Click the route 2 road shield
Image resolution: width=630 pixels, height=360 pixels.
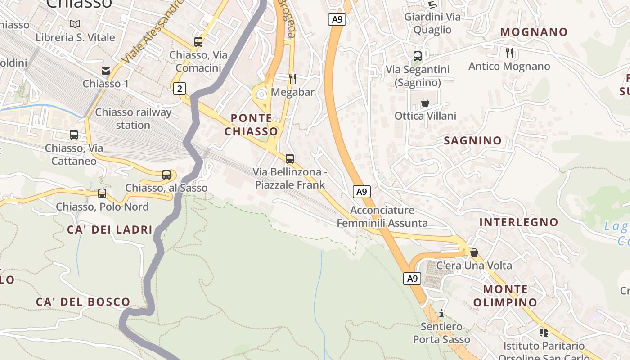tap(180, 89)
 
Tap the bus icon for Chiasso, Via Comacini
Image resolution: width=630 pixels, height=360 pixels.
tap(198, 42)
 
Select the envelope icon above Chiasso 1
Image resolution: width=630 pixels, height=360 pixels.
tap(106, 71)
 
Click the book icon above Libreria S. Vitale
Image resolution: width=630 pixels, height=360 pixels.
tap(75, 24)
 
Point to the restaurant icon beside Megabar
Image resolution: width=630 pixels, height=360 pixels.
tap(292, 79)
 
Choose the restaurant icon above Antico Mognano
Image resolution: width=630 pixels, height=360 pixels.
tap(509, 53)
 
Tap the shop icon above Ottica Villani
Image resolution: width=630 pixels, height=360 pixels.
tap(425, 103)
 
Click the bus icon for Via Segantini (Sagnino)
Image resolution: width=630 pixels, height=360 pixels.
tap(418, 56)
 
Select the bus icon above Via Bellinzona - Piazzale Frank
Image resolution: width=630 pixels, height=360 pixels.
tap(290, 159)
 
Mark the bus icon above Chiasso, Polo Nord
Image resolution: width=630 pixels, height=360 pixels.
tap(102, 193)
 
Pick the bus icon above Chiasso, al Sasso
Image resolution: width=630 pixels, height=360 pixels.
tap(166, 175)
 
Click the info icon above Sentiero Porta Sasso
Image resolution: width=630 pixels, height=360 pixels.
tap(441, 313)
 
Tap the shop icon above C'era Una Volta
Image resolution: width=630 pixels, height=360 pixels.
tap(474, 252)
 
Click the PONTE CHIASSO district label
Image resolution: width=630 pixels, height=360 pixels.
tap(251, 125)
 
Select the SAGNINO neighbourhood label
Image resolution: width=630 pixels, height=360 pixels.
tap(472, 140)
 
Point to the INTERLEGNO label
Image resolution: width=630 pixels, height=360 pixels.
tap(518, 222)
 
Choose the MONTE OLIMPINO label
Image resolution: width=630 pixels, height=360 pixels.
tap(505, 296)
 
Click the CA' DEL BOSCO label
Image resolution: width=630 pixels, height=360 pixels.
tap(83, 302)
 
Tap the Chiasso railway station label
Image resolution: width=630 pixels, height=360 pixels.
tap(133, 118)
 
